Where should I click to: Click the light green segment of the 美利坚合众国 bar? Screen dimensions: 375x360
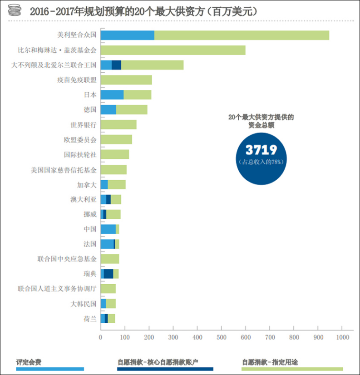pyautogui.click(x=242, y=35)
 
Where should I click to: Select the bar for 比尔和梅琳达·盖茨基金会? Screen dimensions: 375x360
pyautogui.click(x=173, y=50)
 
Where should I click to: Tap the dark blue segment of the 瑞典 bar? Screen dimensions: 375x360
pyautogui.click(x=108, y=274)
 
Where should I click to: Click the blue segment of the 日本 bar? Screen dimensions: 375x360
pyautogui.click(x=112, y=95)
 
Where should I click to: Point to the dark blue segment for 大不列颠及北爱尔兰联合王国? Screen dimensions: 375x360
pyautogui.click(x=116, y=65)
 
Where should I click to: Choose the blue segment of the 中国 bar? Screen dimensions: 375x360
pyautogui.click(x=108, y=229)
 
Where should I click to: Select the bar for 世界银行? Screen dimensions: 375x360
pyautogui.click(x=118, y=125)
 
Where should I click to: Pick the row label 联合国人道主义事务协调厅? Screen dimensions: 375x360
pyautogui.click(x=57, y=289)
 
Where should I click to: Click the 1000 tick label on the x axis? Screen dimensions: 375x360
pyautogui.click(x=342, y=338)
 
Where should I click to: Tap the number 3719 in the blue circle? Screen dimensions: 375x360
pyautogui.click(x=261, y=150)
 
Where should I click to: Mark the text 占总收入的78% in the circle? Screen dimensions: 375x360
pyautogui.click(x=261, y=162)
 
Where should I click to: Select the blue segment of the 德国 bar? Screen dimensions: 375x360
pyautogui.click(x=108, y=110)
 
